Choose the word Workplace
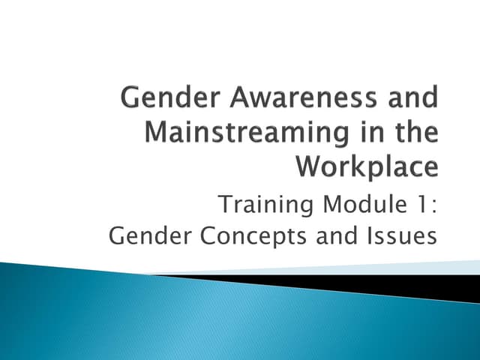tap(367, 166)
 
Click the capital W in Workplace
tap(309, 166)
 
